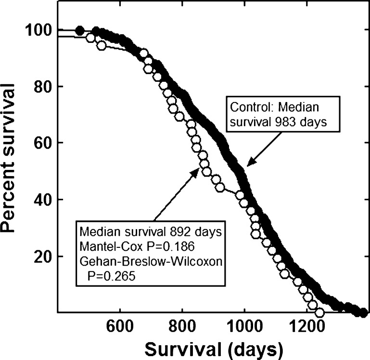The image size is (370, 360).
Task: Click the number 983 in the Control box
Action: [x=293, y=122]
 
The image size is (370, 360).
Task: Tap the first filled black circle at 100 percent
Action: [x=80, y=31]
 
